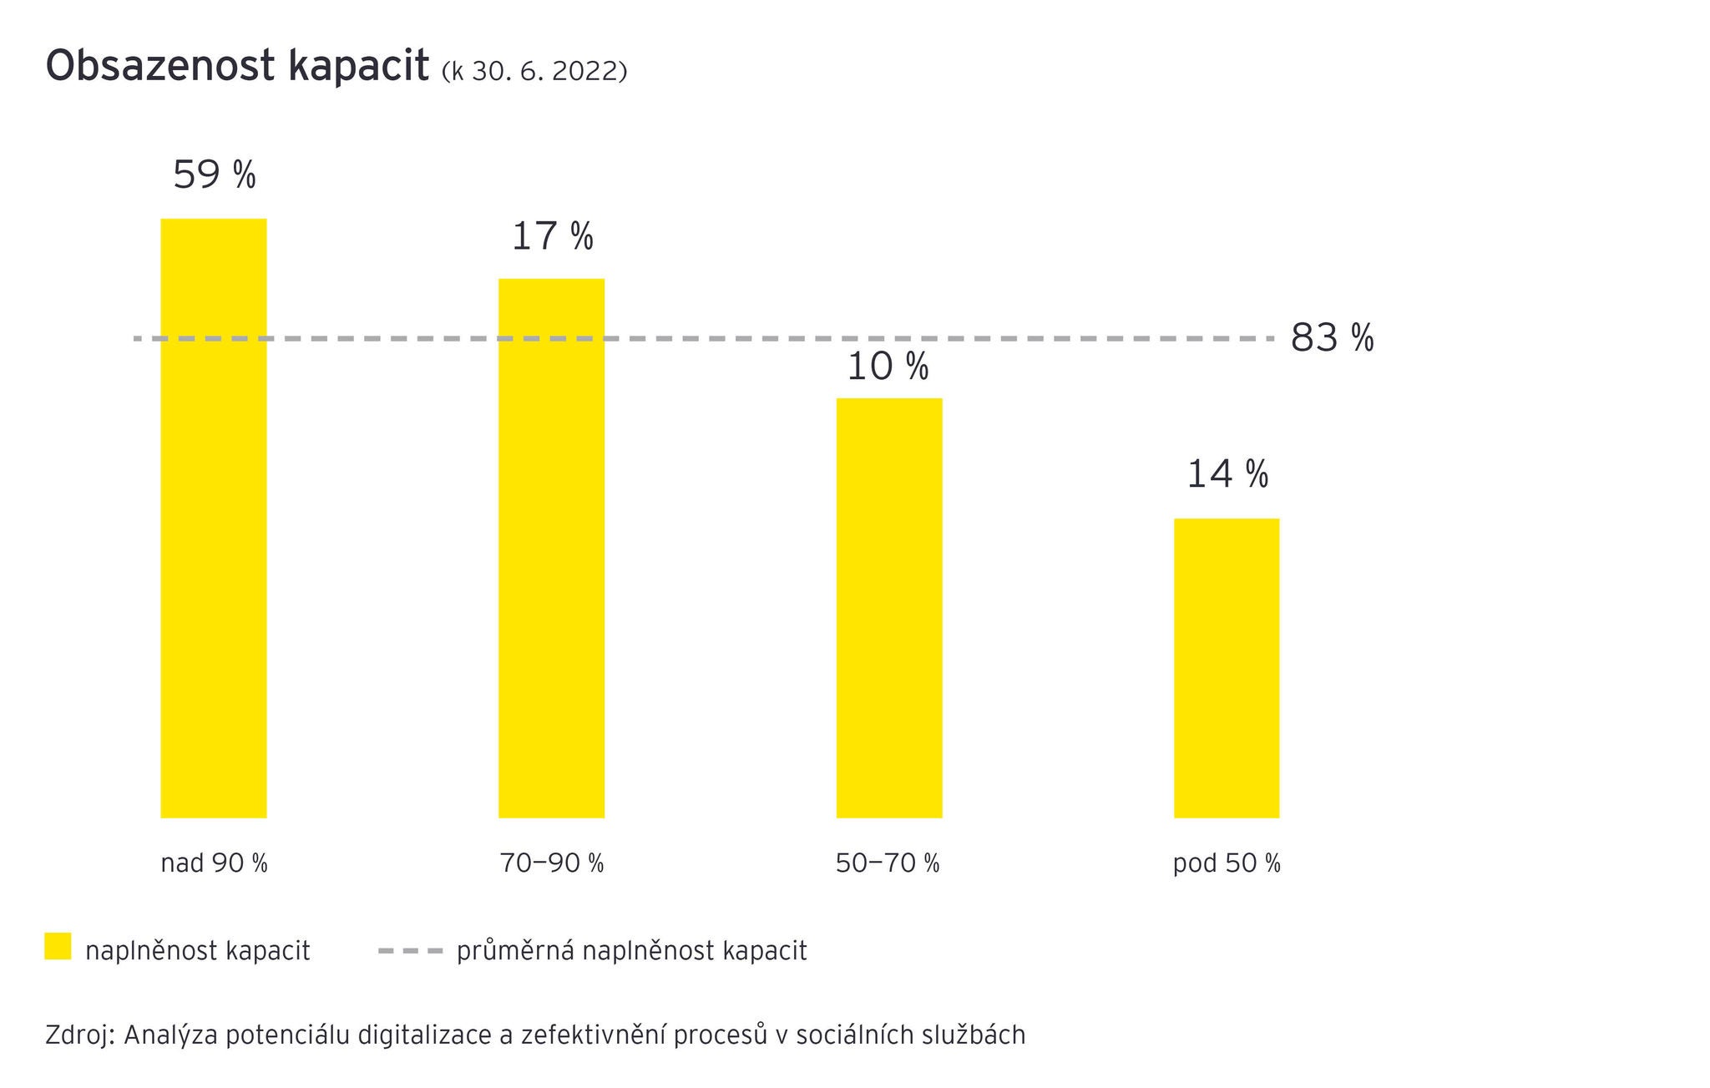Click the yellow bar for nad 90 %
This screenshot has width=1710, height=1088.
point(214,518)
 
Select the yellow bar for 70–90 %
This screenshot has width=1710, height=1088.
point(551,548)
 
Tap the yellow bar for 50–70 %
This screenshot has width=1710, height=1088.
point(889,608)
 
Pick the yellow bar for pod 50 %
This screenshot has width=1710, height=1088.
point(1227,668)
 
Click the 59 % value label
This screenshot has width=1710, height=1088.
point(215,175)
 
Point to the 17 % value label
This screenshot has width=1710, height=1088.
point(552,236)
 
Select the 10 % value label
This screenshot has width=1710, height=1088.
point(888,367)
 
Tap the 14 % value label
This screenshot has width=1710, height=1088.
point(1227,474)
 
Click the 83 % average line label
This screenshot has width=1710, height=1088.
point(1332,338)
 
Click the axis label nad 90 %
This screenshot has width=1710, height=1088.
point(214,863)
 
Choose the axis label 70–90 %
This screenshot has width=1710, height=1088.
point(552,863)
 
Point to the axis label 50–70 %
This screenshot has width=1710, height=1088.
point(888,863)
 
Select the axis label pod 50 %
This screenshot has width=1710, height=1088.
point(1227,863)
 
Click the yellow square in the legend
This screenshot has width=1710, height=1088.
point(58,946)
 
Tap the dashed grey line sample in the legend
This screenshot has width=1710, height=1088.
point(410,950)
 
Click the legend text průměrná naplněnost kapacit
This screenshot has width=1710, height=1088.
point(631,951)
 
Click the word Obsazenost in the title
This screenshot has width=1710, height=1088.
point(160,66)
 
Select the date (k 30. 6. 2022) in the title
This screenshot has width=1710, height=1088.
point(534,72)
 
